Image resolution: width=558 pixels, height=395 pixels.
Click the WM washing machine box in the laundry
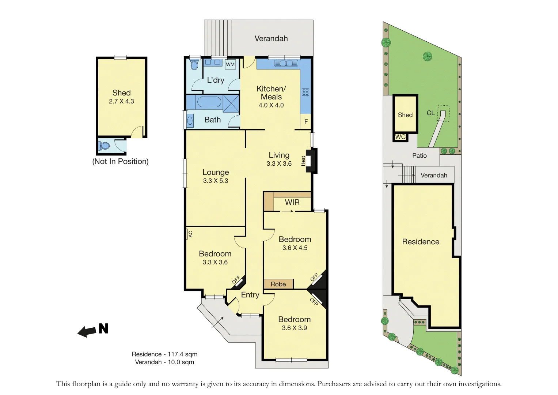[230, 64]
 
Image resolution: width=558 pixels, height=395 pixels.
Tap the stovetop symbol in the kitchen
[305, 92]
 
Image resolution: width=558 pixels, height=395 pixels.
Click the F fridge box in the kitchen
[306, 122]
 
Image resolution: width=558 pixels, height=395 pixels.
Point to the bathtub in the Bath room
[209, 102]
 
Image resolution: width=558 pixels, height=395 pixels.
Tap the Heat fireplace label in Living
[303, 161]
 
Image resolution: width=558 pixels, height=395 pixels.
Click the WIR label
[292, 202]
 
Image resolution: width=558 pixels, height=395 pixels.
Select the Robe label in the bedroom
[278, 284]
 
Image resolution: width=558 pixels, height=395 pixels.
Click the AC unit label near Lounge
[190, 234]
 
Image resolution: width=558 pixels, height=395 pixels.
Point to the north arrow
[93, 330]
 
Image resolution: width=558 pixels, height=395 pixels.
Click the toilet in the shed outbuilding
[105, 146]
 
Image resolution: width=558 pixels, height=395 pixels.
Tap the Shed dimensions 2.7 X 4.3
[121, 101]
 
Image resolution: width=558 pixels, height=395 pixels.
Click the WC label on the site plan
[400, 137]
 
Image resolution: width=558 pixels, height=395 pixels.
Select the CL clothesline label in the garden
[430, 113]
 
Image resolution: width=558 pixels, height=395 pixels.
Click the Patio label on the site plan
[419, 156]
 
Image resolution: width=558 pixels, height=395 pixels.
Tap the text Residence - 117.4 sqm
[164, 354]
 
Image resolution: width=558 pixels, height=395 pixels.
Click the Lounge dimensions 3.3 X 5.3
[216, 181]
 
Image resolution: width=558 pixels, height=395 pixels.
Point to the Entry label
[250, 295]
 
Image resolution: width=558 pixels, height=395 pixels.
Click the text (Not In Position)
[120, 161]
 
